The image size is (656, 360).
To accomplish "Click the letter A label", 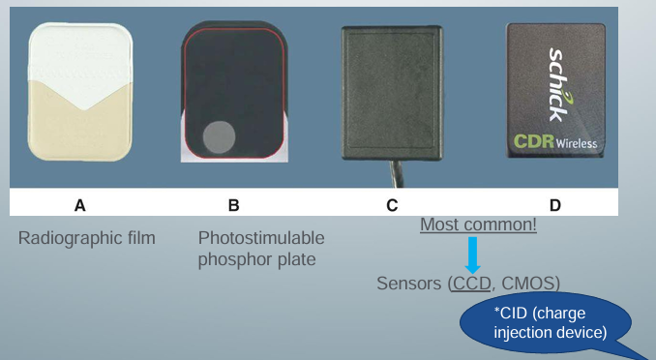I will (80, 205).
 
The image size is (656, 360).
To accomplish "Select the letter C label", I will (391, 205).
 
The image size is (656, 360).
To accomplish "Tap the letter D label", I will (554, 205).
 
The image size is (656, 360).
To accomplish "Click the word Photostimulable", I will (261, 238).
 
